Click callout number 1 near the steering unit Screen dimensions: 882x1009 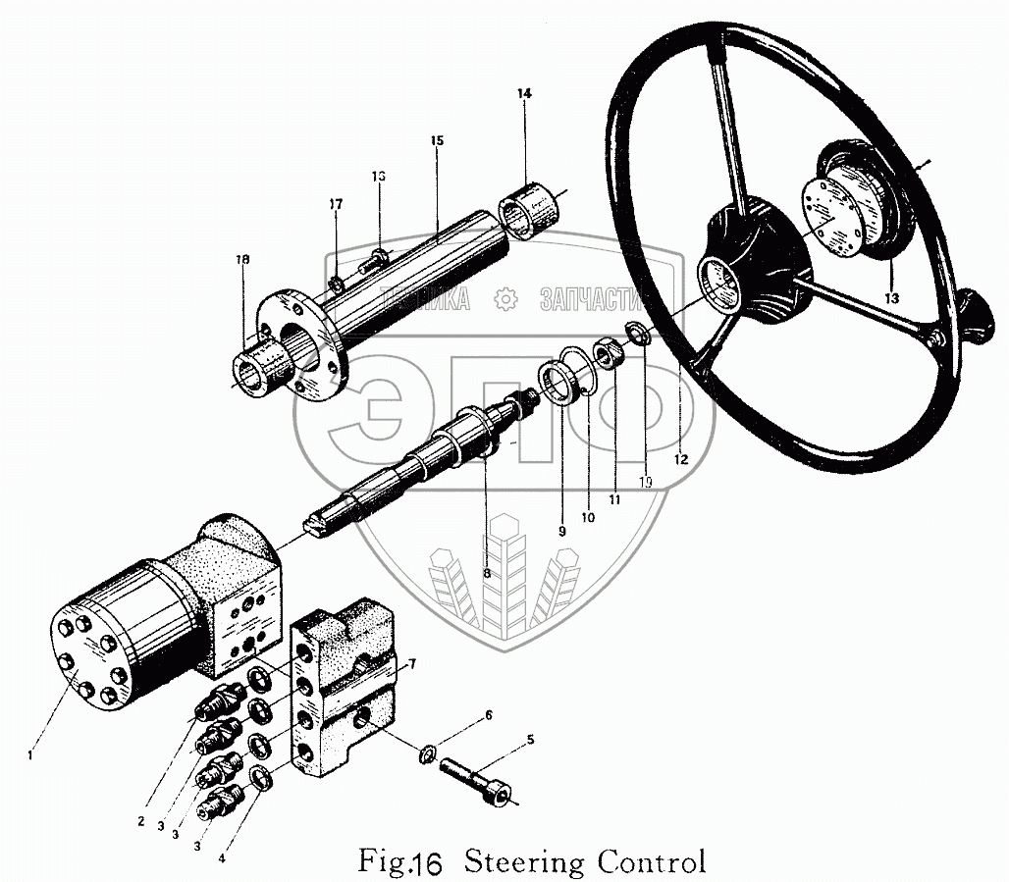(31, 754)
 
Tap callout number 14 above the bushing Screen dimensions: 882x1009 (524, 93)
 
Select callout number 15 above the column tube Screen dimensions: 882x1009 (437, 141)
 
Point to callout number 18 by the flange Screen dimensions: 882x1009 (242, 260)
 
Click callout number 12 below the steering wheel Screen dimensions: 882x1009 (681, 458)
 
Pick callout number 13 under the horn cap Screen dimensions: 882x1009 (891, 297)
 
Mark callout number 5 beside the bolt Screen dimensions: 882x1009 (531, 740)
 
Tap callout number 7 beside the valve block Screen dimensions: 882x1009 (412, 664)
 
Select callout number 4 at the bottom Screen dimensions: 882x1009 (222, 858)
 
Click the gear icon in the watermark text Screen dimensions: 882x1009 (504, 298)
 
